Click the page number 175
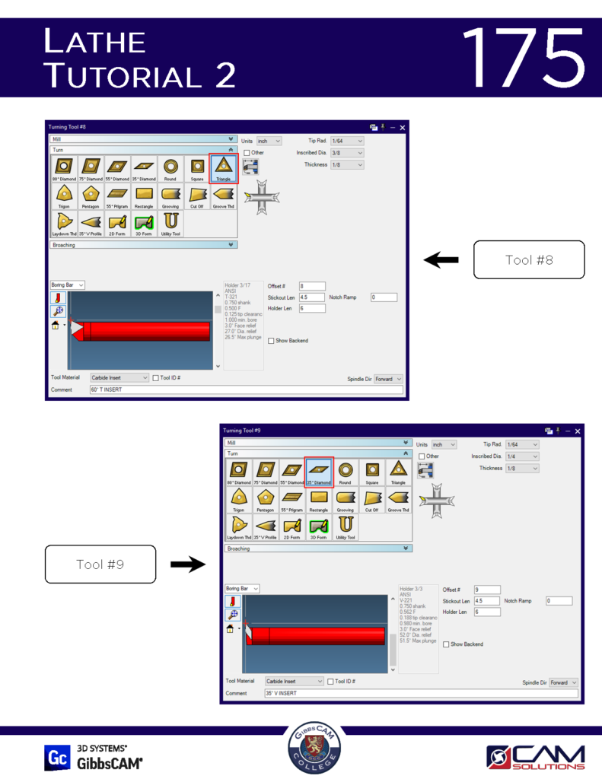(x=523, y=58)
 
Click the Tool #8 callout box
(x=529, y=260)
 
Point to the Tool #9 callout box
(x=100, y=564)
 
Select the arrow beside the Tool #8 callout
(x=441, y=260)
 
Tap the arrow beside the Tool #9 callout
(x=187, y=564)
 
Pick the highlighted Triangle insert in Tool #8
(x=224, y=169)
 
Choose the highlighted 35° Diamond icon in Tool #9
(x=319, y=472)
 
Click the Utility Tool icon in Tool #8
(x=171, y=224)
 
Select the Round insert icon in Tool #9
(x=346, y=472)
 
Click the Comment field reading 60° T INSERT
(x=245, y=389)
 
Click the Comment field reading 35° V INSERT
(x=420, y=693)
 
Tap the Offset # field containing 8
(x=312, y=286)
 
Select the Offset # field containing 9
(x=487, y=590)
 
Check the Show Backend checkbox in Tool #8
(x=271, y=341)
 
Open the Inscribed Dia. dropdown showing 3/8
(x=347, y=153)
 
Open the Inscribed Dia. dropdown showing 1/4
(x=522, y=456)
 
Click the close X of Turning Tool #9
(x=578, y=431)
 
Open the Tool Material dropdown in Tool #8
(x=119, y=377)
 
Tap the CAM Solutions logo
(x=536, y=758)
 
